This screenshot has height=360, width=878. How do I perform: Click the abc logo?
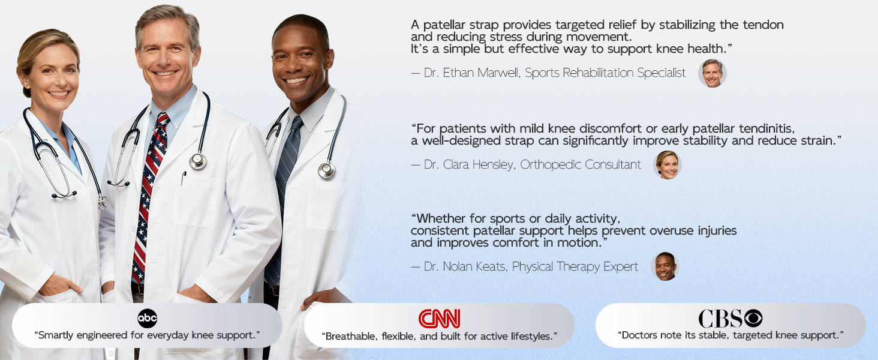[x=148, y=319]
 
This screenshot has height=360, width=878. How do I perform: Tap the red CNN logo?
[x=439, y=319]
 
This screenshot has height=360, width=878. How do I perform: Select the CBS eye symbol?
[x=753, y=318]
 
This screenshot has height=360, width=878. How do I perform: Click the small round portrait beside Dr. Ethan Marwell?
[x=712, y=73]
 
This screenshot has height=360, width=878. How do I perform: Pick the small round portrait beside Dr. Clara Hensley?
[x=667, y=165]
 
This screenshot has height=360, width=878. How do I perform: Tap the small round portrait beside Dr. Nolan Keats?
[x=665, y=266]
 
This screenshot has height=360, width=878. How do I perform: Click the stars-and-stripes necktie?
[x=149, y=196]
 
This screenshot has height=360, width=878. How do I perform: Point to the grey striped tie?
[x=283, y=196]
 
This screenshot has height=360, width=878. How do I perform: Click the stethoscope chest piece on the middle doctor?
[x=198, y=161]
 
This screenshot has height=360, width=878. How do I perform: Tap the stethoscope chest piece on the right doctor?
[x=326, y=170]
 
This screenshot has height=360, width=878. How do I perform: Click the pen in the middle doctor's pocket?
[x=183, y=178]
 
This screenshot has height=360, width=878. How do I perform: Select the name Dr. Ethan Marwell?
[x=471, y=73]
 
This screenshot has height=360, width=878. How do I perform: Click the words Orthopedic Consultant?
[x=581, y=165]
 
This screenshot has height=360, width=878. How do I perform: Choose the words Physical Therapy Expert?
[x=575, y=266]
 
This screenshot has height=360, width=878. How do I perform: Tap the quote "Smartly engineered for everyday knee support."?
[x=148, y=335]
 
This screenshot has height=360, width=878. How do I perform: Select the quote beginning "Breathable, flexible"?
[x=440, y=337]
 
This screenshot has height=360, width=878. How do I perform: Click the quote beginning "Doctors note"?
[x=730, y=335]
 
